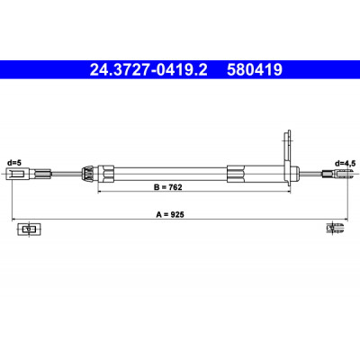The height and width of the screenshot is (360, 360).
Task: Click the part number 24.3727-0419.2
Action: click(x=148, y=70)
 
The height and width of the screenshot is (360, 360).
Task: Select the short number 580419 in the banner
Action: click(x=255, y=70)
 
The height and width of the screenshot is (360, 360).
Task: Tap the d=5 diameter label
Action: click(x=14, y=163)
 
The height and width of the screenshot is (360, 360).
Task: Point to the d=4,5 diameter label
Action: click(x=346, y=163)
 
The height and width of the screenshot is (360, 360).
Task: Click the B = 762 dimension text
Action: click(x=168, y=187)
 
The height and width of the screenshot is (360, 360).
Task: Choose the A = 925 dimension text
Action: click(x=170, y=214)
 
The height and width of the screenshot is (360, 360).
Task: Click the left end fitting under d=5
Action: click(x=17, y=174)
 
